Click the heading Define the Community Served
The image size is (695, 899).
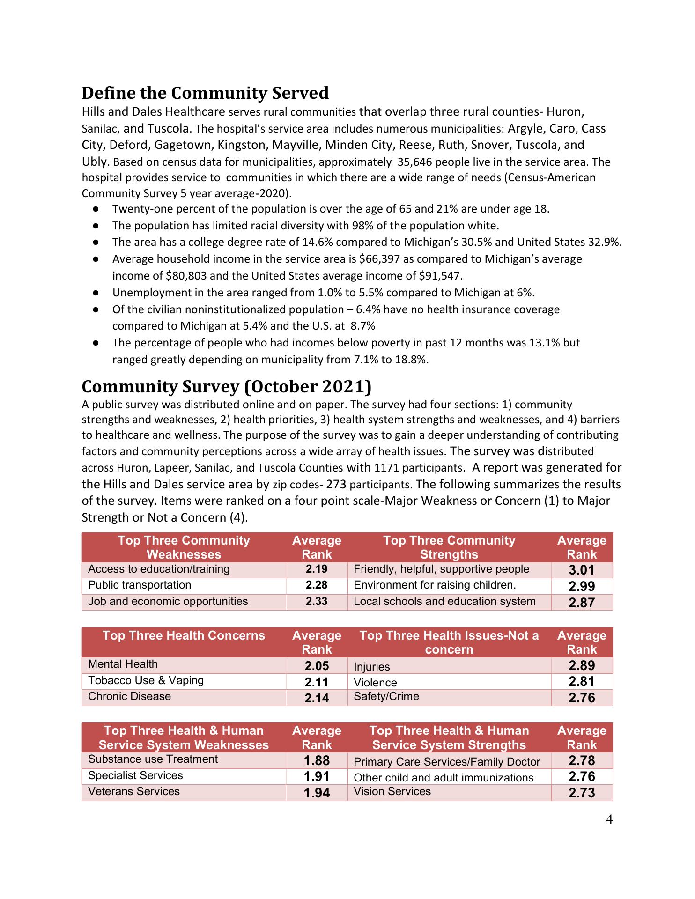(x=205, y=93)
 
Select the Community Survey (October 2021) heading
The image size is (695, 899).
(x=227, y=387)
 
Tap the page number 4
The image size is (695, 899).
(x=609, y=819)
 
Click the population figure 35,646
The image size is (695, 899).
(x=414, y=162)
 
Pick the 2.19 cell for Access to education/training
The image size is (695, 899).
(x=317, y=569)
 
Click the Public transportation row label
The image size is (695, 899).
(x=140, y=585)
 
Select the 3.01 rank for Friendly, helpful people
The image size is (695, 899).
(x=581, y=570)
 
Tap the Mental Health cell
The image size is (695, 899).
(x=123, y=664)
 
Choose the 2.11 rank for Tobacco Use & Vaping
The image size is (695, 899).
(x=317, y=682)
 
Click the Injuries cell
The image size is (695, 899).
(x=372, y=667)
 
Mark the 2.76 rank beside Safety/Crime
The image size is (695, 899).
(x=581, y=698)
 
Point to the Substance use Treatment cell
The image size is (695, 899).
(x=153, y=759)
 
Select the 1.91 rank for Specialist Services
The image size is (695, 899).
(x=317, y=776)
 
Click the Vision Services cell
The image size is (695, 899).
(x=392, y=791)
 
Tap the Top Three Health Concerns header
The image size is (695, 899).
(x=184, y=636)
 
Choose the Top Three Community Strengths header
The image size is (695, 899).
(x=449, y=547)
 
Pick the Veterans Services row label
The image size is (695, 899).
(x=134, y=791)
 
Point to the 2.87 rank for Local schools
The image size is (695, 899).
(x=581, y=603)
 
